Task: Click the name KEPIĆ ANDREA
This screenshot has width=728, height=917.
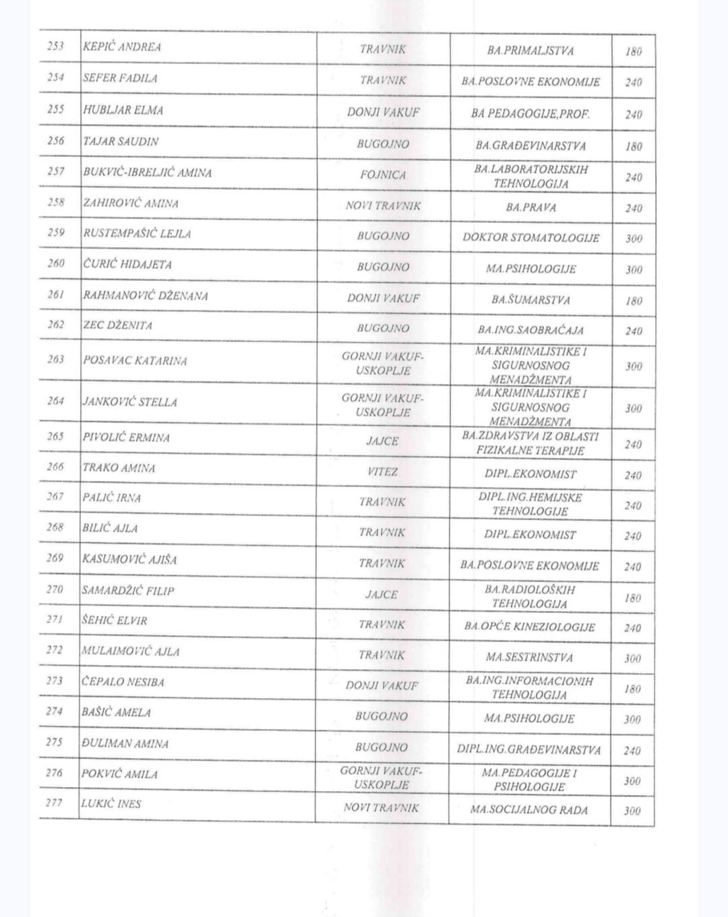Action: point(122,47)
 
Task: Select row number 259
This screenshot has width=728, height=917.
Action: point(56,232)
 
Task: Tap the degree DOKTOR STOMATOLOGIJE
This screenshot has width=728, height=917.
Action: point(530,238)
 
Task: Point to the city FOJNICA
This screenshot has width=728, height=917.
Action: point(383,175)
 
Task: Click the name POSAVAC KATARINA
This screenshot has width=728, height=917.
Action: point(135,360)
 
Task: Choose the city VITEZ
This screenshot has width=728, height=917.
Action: point(382,472)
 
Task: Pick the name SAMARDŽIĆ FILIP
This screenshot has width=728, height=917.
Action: point(128,591)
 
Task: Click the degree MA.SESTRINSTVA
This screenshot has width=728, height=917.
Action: point(529,657)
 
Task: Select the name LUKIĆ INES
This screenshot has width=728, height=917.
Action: point(111,804)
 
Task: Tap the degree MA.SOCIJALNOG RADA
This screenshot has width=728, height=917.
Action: point(529,810)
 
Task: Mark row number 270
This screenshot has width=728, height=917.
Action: point(55,590)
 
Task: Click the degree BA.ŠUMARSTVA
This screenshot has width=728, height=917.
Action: point(530,300)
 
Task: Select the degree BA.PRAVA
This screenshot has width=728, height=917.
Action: point(530,208)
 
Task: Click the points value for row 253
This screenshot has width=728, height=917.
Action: point(634,51)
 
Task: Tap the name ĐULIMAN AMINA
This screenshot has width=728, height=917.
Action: point(125,744)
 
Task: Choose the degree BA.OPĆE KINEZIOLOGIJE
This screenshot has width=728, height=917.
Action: point(529,627)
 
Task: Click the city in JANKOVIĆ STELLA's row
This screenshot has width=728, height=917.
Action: point(383,405)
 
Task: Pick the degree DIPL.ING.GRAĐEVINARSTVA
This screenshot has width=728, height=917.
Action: point(528,749)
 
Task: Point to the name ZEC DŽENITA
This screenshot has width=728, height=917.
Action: point(117,325)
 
